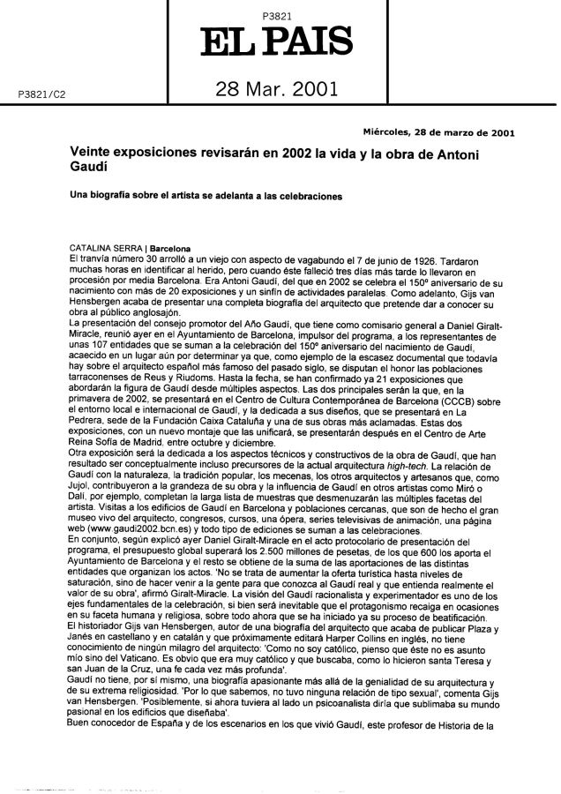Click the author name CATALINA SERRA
coord(103,248)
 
